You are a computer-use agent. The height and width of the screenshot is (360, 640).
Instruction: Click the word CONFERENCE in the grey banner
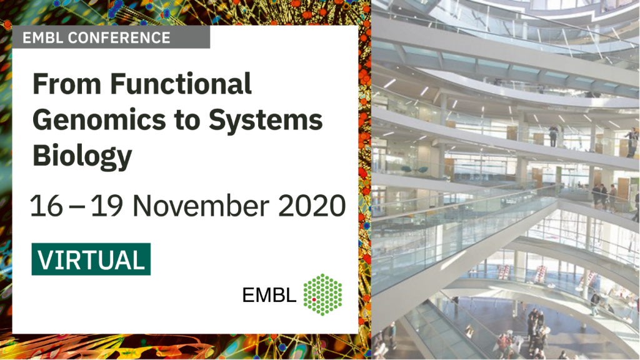(x=119, y=38)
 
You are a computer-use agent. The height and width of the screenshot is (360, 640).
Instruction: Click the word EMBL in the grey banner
(x=43, y=38)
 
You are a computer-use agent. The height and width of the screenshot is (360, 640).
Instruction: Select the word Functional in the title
(x=181, y=84)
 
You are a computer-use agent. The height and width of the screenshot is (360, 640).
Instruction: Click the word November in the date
(x=201, y=205)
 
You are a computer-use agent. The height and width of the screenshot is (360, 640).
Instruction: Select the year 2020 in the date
(x=312, y=205)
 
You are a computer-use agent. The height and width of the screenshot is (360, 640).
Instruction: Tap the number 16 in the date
(x=46, y=205)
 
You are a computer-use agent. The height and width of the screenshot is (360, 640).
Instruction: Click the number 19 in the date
(x=106, y=205)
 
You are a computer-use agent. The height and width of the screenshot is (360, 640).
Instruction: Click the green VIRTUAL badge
(x=91, y=259)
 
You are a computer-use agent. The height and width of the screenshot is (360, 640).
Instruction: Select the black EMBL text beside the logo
(x=269, y=295)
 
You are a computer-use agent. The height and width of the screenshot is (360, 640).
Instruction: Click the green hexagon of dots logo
(x=322, y=294)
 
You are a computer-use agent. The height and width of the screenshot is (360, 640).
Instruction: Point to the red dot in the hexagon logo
(x=314, y=299)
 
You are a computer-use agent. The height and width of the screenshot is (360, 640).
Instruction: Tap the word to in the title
(x=187, y=121)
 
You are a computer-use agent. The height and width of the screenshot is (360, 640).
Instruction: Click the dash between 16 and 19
(x=77, y=206)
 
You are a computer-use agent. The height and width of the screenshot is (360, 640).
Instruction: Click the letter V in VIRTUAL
(x=47, y=259)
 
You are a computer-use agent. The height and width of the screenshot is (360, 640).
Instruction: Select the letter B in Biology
(x=42, y=155)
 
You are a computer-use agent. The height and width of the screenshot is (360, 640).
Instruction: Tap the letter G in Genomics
(x=43, y=119)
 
